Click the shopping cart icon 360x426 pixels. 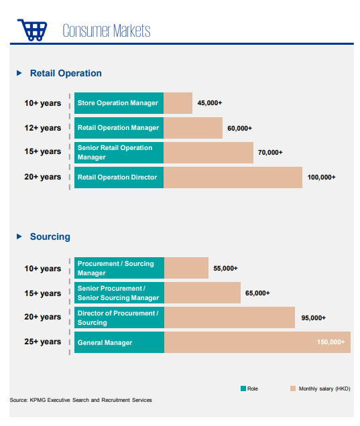32,30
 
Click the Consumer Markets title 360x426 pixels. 107,30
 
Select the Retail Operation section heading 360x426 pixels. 66,73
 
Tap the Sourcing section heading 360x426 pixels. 50,236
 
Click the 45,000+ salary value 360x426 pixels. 210,103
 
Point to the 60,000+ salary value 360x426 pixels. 239,128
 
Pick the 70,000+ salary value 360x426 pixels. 270,153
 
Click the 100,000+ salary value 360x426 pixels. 321,177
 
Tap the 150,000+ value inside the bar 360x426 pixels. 331,342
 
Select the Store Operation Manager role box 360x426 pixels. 119,103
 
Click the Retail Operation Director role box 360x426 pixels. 119,177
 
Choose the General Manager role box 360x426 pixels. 119,342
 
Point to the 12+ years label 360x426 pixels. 43,128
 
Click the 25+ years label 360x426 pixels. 43,342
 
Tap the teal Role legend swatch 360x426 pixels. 243,388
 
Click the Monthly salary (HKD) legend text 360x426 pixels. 324,388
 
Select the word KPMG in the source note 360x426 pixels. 38,400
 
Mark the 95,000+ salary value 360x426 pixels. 313,318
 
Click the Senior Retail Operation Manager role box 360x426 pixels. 119,153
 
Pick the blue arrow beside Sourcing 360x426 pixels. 19,236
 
